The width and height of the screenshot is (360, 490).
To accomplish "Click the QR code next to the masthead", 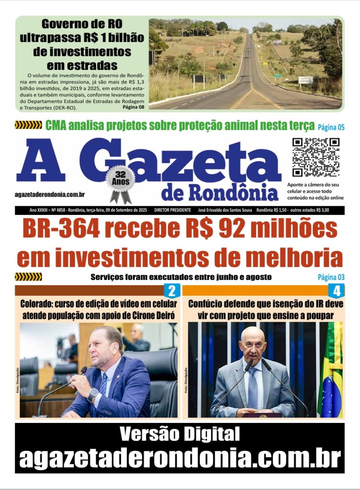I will coord(316,157).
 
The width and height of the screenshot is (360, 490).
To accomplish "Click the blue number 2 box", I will coord(172,290).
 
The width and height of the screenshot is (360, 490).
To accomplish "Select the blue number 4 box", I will coord(336,290).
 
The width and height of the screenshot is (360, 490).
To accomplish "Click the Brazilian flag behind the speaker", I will coord(331,368).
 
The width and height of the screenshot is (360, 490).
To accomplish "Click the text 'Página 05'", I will coord(331,127).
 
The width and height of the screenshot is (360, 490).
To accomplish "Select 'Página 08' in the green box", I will coord(133,107).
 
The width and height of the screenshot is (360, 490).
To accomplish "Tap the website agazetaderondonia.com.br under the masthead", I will coord(50,194).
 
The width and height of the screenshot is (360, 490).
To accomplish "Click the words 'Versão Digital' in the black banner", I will coord(179,434).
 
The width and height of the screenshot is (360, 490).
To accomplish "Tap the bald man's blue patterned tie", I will coord(253,388).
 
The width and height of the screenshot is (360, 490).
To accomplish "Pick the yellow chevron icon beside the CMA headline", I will coord(28,125).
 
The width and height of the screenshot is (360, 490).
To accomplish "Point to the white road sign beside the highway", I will coord(305,80).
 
